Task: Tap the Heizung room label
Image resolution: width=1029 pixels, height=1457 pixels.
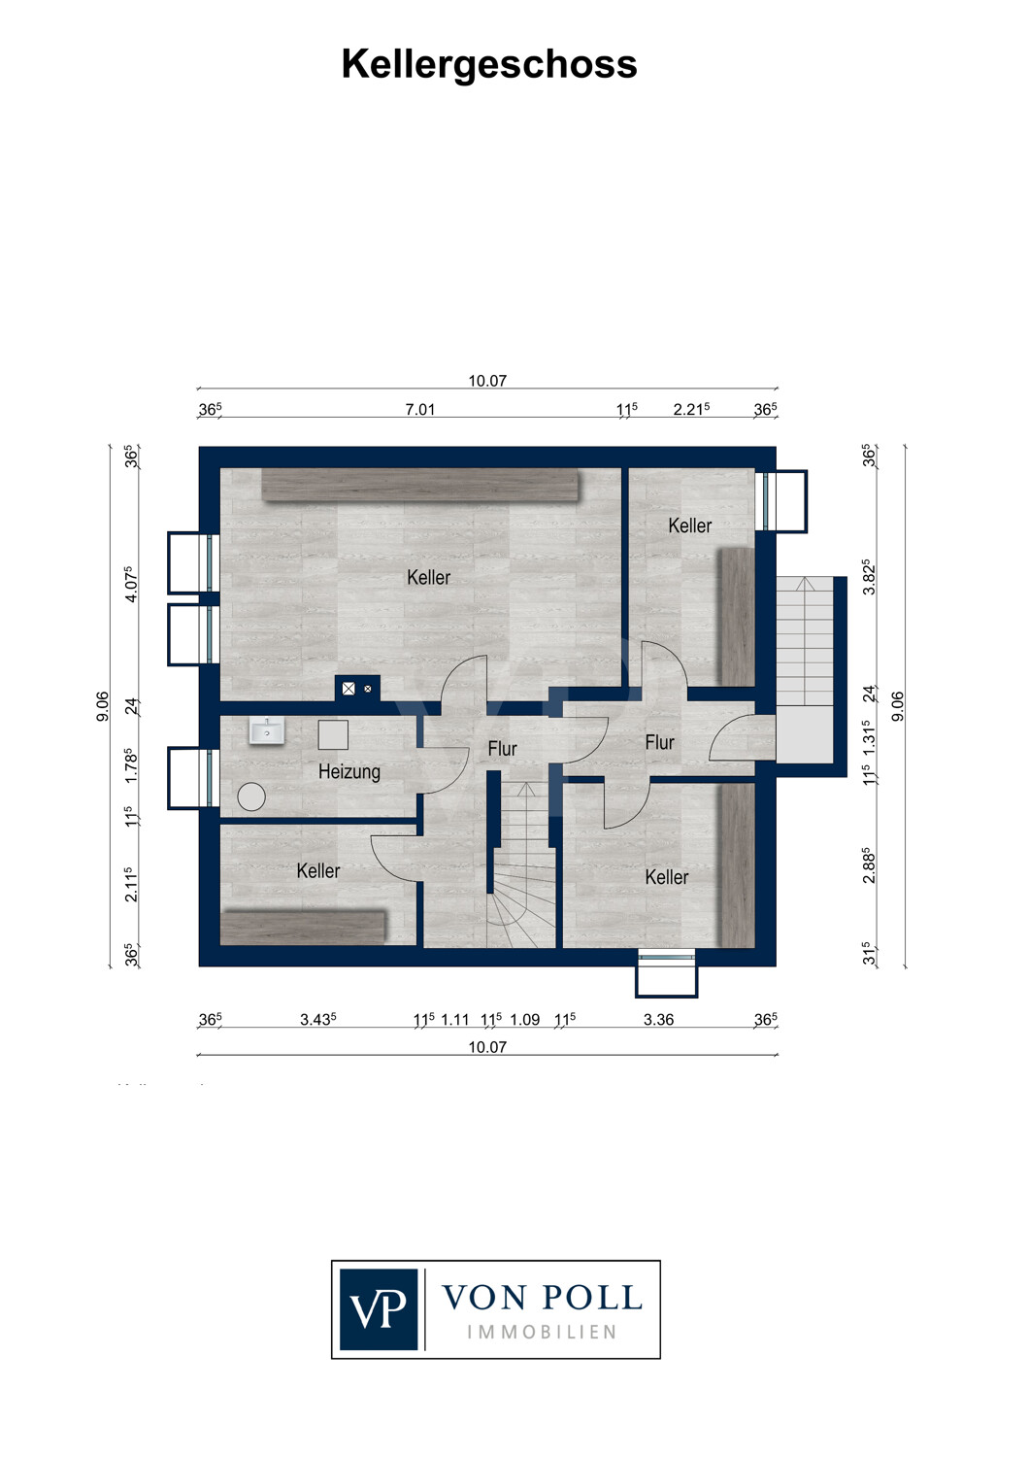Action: click(349, 772)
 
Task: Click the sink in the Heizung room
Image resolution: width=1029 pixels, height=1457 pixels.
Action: click(267, 731)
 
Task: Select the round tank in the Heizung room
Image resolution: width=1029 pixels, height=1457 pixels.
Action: click(251, 796)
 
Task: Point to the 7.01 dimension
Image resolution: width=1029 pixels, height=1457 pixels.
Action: click(420, 409)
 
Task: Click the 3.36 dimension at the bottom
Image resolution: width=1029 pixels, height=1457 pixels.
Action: click(658, 1019)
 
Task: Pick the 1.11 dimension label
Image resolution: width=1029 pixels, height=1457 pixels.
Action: click(455, 1019)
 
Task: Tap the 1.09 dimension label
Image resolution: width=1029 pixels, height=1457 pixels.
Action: click(525, 1019)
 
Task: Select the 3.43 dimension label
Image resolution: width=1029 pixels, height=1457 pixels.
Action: click(317, 1019)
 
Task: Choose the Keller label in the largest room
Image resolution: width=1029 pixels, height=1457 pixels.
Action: click(429, 577)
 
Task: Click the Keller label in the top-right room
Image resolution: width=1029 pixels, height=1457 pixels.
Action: click(689, 525)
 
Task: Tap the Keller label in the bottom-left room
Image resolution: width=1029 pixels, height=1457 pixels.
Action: click(317, 870)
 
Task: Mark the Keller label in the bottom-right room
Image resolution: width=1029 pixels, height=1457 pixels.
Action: click(666, 877)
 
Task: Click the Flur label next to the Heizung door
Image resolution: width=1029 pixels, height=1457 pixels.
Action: click(503, 749)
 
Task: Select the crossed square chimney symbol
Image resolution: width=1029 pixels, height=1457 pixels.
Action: click(349, 688)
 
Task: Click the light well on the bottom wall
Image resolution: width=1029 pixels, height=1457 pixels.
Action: click(666, 973)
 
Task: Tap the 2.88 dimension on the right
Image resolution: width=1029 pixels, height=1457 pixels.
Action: click(869, 865)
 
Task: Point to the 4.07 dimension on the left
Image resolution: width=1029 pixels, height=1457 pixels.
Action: click(131, 584)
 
